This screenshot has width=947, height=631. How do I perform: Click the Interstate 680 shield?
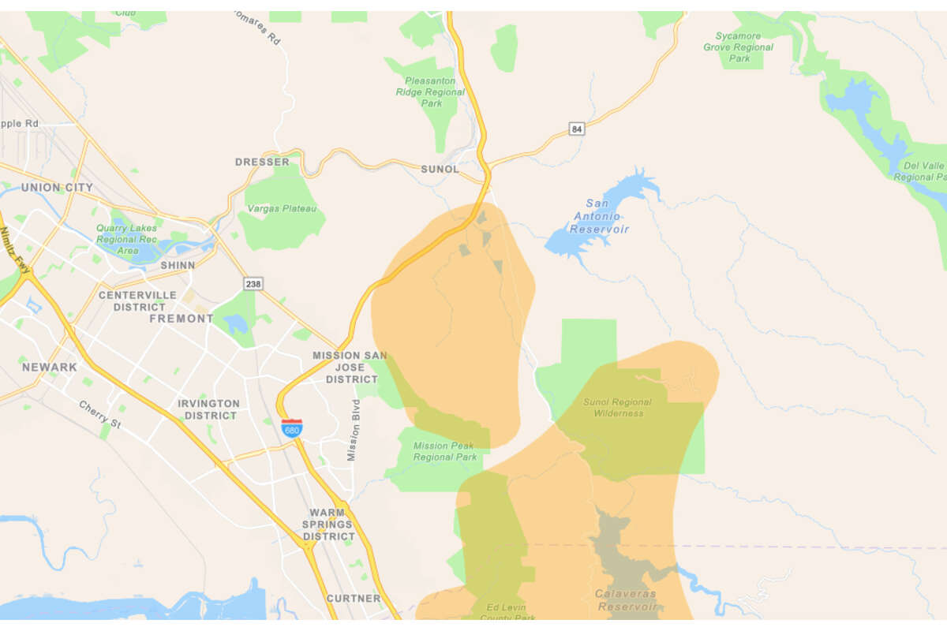click(x=291, y=428)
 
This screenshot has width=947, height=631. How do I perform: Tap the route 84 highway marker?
click(x=578, y=129)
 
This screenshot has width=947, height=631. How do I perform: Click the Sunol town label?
click(x=440, y=169)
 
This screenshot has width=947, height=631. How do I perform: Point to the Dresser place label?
click(x=262, y=162)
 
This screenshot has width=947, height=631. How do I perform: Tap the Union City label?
click(x=57, y=188)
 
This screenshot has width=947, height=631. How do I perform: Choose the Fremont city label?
click(x=182, y=319)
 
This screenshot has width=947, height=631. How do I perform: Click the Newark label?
click(x=50, y=367)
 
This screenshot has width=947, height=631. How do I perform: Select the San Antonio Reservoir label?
click(x=601, y=217)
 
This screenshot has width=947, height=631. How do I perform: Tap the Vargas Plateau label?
click(x=283, y=208)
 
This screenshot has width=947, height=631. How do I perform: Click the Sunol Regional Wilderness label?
click(x=619, y=407)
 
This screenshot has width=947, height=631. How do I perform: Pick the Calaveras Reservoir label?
click(x=626, y=599)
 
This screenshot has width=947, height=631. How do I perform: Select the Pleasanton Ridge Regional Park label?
click(x=431, y=91)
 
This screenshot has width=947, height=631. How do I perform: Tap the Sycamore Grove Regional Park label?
click(x=739, y=47)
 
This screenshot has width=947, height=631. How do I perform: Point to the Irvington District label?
click(x=208, y=409)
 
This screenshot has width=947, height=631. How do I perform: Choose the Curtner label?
click(x=354, y=599)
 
